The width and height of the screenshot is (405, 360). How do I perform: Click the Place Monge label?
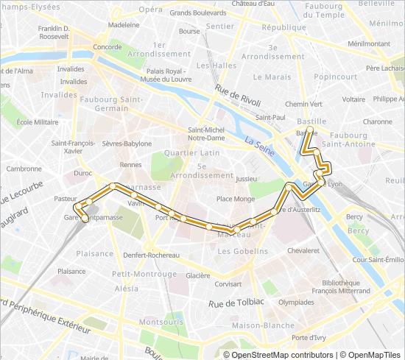point(236,199)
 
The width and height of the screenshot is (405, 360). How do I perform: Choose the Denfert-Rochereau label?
point(151,255)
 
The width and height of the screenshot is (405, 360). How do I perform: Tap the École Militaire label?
point(38,122)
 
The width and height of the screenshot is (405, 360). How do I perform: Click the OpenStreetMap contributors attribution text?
point(272,354)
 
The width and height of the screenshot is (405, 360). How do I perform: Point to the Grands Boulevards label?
point(198,13)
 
